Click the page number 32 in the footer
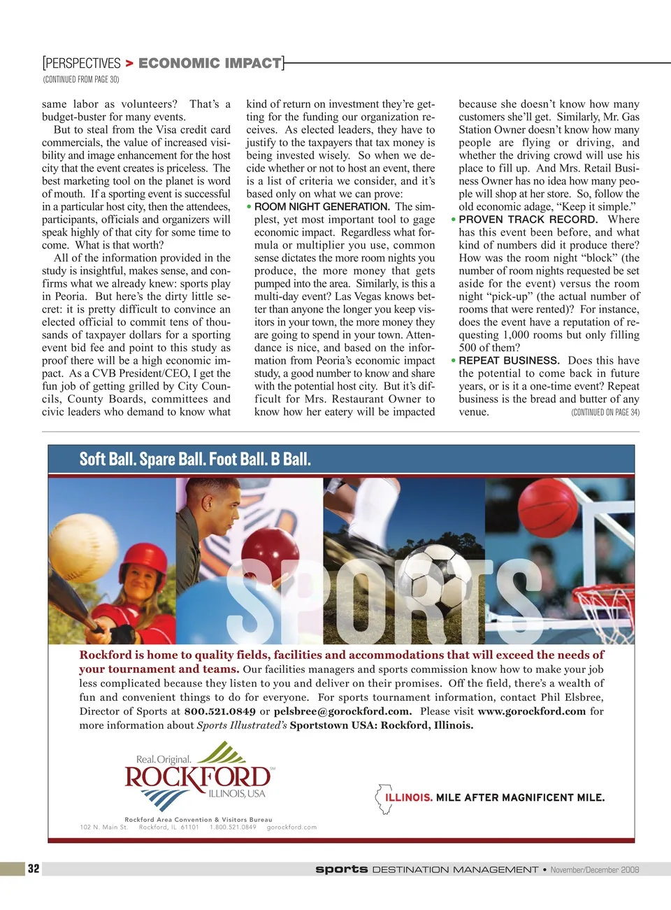tap(34, 869)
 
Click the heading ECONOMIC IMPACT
tap(210, 64)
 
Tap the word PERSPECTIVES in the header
tap(82, 64)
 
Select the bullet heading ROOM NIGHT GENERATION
tap(322, 207)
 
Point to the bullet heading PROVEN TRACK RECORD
tap(528, 220)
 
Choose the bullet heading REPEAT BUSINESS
tap(509, 361)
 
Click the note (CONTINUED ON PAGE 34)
tap(605, 413)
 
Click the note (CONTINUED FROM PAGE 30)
tap(81, 80)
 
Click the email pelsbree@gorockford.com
tap(342, 711)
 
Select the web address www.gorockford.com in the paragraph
tap(531, 711)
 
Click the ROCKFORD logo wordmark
tap(198, 777)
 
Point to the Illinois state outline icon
tap(384, 799)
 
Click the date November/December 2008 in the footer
tap(594, 870)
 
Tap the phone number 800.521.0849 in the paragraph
tap(219, 711)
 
